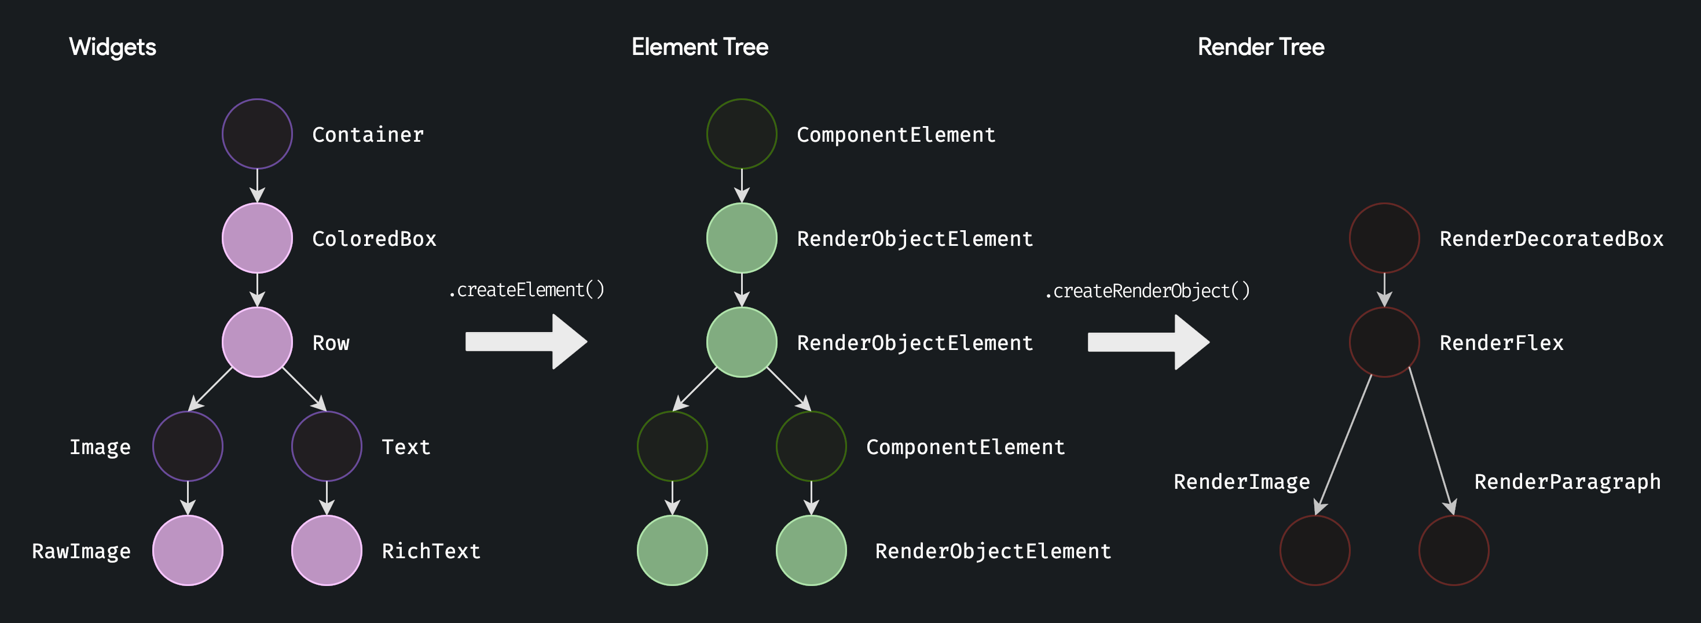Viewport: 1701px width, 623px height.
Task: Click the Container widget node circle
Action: click(x=257, y=134)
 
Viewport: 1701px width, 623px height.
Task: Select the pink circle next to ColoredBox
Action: click(x=257, y=238)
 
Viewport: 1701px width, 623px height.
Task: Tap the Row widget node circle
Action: click(x=257, y=342)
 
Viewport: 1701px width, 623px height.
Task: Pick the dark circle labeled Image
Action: click(x=188, y=446)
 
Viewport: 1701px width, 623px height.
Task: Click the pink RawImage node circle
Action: click(x=188, y=551)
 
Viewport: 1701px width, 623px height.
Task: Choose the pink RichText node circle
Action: click(x=326, y=551)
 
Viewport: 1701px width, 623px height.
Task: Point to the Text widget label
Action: click(x=405, y=447)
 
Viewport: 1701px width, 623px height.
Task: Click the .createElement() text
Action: click(x=526, y=290)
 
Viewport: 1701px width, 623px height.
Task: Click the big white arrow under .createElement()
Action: click(x=526, y=342)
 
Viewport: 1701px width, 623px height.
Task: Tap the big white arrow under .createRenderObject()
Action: click(x=1148, y=342)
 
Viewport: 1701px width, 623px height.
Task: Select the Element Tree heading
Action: click(x=699, y=47)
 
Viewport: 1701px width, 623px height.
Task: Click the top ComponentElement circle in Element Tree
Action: click(x=742, y=134)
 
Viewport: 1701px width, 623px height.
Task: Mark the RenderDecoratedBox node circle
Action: click(x=1384, y=238)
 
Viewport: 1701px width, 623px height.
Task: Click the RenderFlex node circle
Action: click(x=1384, y=342)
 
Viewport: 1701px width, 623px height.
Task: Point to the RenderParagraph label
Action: click(x=1567, y=482)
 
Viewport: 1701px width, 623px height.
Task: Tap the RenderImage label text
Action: click(x=1241, y=482)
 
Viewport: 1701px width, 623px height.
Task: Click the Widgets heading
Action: click(x=112, y=47)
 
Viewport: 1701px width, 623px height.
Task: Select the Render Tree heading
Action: click(x=1260, y=47)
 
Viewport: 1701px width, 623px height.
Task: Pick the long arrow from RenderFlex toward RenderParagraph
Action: click(x=1430, y=442)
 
